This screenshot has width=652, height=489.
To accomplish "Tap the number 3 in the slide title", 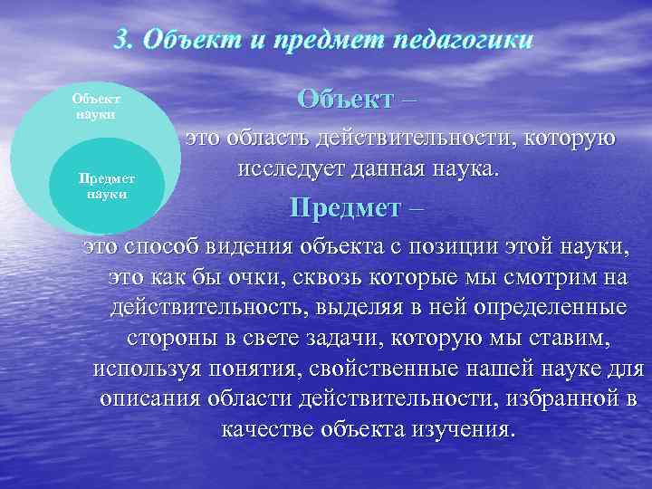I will click(x=124, y=42).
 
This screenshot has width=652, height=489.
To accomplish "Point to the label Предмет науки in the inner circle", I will click(x=107, y=187).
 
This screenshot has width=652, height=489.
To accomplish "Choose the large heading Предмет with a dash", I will click(x=356, y=208).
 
